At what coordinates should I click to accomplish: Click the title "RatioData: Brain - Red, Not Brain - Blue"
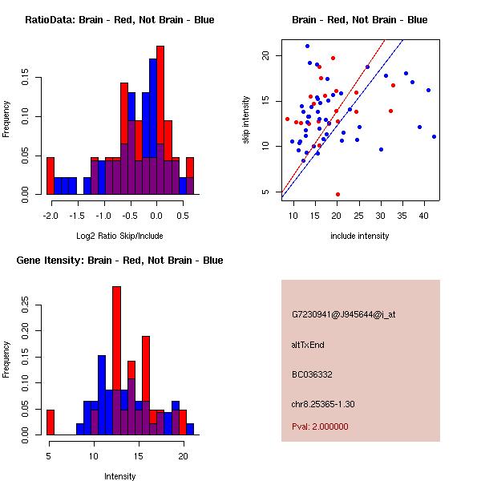pos(119,20)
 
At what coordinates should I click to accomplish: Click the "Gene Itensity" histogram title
pos(119,261)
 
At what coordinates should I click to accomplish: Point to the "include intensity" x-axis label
pos(360,236)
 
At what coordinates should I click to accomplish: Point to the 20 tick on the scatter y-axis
pos(266,55)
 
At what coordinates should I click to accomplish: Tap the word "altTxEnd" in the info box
pos(308,345)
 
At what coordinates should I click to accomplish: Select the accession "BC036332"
pos(312,374)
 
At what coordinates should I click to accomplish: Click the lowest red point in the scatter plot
pos(338,194)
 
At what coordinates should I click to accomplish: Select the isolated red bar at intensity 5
pos(51,422)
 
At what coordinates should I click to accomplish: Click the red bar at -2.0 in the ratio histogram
pos(51,176)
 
